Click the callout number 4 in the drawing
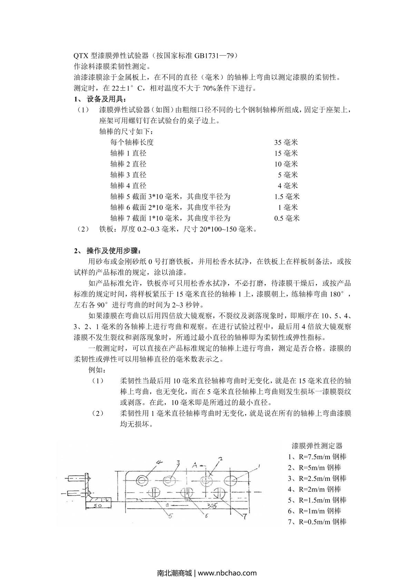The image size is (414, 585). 159,462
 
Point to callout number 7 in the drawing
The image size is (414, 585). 244,516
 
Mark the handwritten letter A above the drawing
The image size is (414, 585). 195,465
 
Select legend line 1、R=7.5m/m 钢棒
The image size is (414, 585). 317,457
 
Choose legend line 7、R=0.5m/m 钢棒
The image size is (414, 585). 317,522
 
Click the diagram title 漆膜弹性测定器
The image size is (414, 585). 317,446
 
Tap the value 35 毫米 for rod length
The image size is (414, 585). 286,142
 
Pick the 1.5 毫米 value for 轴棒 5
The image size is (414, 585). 286,196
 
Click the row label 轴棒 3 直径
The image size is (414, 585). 128,175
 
